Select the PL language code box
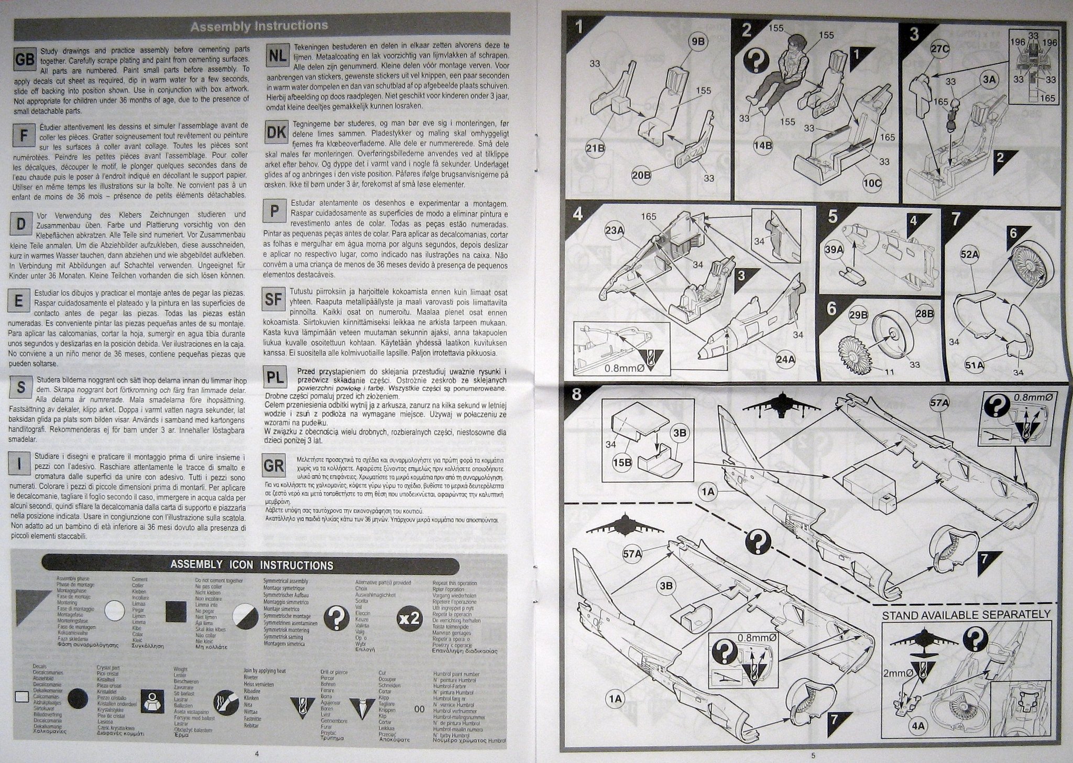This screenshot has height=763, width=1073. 277,377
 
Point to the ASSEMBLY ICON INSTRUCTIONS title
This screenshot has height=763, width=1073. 251,565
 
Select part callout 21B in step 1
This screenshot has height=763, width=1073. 595,149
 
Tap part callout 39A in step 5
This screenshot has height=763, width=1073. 833,250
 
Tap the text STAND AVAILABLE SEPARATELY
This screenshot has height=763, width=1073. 966,614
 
